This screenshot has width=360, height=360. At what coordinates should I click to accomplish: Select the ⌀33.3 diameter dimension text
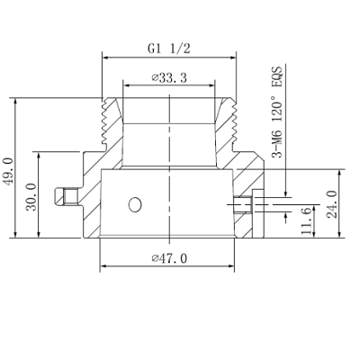point(168,78)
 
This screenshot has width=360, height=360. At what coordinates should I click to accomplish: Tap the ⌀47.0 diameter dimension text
point(168,258)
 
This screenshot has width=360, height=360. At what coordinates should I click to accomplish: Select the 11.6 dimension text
point(306,221)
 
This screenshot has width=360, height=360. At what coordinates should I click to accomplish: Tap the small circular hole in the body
point(135,205)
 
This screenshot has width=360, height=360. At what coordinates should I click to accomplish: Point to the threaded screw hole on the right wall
point(244,204)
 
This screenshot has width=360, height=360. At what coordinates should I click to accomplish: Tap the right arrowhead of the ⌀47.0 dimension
point(233,266)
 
